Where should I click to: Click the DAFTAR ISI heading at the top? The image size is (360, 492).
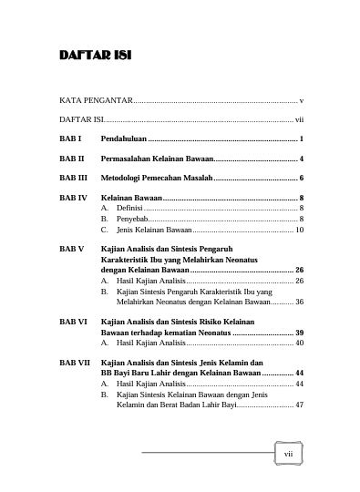pos(95,56)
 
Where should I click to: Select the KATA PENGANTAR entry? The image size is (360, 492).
pos(96,99)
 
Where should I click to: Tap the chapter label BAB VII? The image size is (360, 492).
pos(75,364)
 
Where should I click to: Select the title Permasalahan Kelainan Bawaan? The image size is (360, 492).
pos(156,158)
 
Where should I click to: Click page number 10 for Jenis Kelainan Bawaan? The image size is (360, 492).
pos(299,231)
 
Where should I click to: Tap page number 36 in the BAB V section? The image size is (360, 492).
pos(299,302)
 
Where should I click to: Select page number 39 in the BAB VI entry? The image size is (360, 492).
pos(298,333)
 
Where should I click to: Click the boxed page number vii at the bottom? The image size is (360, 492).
pos(287,453)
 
